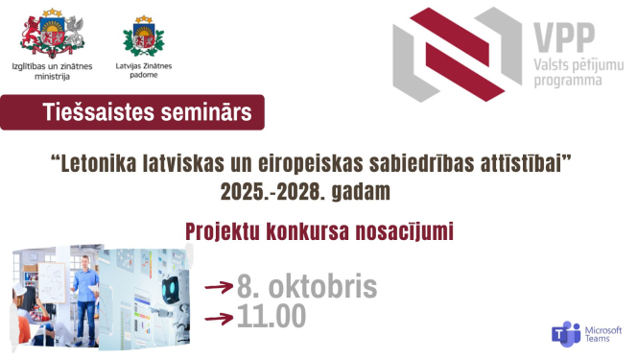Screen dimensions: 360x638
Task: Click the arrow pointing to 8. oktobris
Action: pyautogui.click(x=221, y=284)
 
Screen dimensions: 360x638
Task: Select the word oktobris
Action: pyautogui.click(x=318, y=285)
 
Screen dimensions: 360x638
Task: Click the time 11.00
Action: pyautogui.click(x=272, y=314)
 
